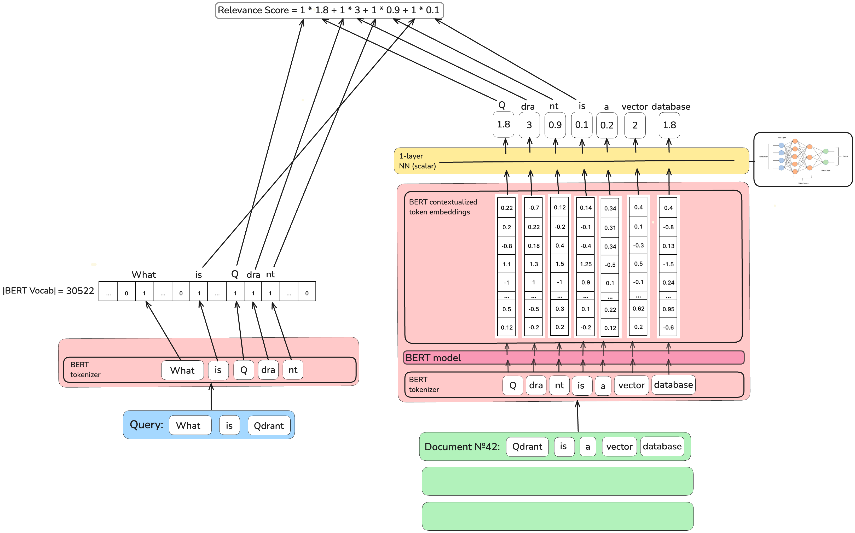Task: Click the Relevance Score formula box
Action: tap(329, 10)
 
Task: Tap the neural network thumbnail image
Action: tap(803, 159)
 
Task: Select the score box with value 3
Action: tap(529, 125)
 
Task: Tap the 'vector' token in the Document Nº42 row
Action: tap(619, 447)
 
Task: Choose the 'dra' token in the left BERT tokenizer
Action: tap(268, 370)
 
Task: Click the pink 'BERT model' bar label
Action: tap(433, 358)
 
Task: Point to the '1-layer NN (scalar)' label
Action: tap(417, 161)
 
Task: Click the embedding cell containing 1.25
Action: tap(586, 264)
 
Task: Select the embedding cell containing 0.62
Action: tap(638, 309)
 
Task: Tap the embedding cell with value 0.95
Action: tap(668, 309)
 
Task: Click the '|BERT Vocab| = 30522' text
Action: tap(48, 291)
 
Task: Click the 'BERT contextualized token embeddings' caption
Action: tap(443, 207)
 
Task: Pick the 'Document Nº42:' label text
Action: tap(462, 447)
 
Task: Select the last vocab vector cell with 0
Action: tap(307, 293)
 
